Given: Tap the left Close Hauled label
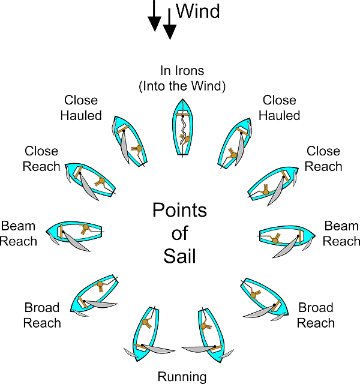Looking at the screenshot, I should (81, 108).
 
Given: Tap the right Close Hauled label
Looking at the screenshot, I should (279, 108).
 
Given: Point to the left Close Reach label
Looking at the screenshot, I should (42, 158).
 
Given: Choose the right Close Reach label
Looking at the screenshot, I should (323, 158).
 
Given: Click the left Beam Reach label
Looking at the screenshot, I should (19, 233).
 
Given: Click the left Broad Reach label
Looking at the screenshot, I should (42, 315).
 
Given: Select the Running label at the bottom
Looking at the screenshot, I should (182, 377).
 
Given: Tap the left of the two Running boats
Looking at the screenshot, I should (146, 333).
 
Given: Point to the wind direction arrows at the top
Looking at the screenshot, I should (160, 18).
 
